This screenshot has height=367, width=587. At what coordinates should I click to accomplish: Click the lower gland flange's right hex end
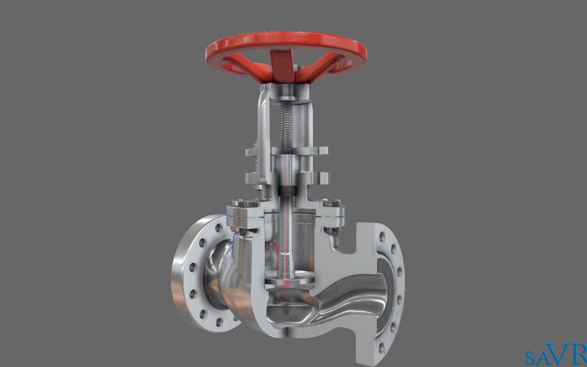coord(324,177)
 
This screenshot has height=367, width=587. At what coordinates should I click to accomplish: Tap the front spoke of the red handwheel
coord(282,65)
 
